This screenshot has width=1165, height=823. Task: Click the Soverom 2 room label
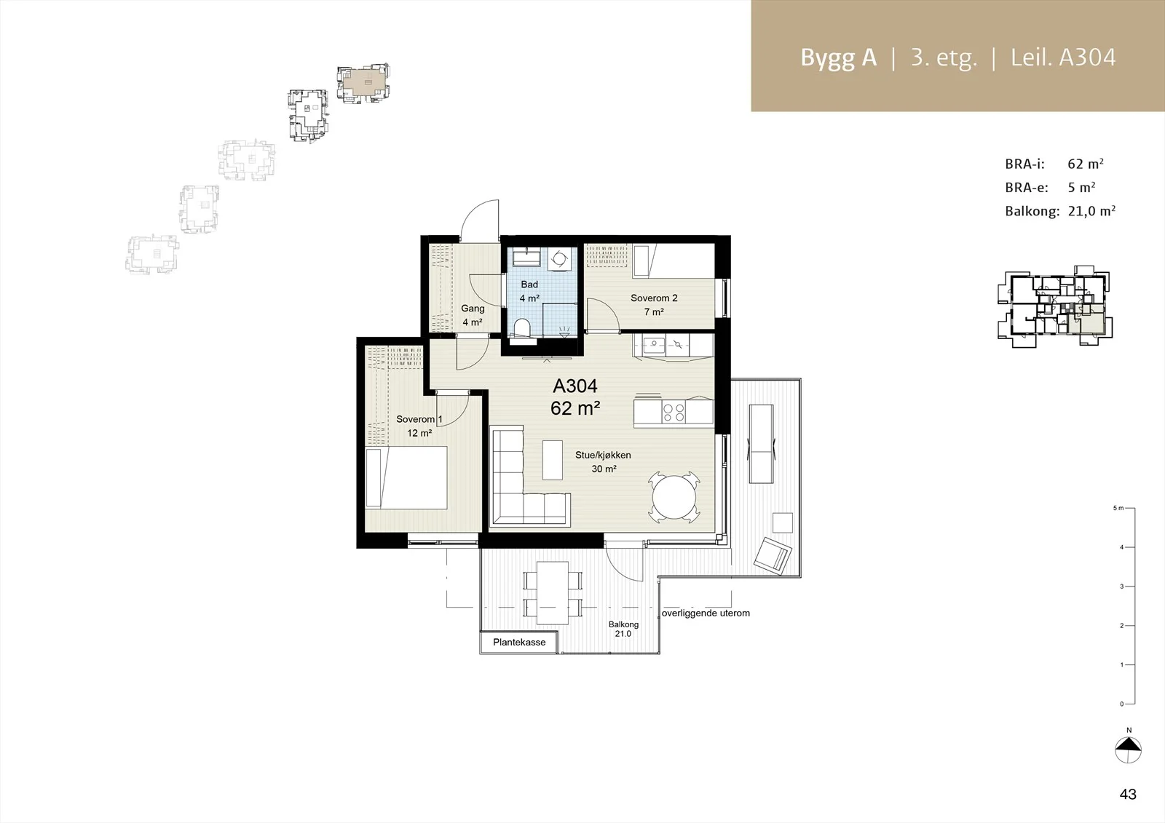coord(654,305)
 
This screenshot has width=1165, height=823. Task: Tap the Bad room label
coord(529,291)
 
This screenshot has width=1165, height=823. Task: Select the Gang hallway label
coord(473,315)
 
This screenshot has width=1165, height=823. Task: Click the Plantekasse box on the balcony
coord(519,642)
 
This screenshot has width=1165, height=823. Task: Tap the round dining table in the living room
coord(674,496)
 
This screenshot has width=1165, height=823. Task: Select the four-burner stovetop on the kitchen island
coord(674,413)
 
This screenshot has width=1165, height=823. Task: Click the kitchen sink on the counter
coord(653,344)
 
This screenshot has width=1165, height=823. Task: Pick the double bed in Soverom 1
coord(406,477)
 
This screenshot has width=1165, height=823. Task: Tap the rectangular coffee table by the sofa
coord(553,460)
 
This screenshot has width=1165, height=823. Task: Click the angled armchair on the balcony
coord(773,555)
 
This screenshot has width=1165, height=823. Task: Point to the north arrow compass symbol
coord(1128,750)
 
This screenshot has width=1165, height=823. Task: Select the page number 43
coord(1128,794)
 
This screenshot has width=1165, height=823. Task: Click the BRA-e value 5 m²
coord(1082,187)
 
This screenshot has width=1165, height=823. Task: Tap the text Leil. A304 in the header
coord(1063,57)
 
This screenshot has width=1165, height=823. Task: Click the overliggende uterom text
coord(706,613)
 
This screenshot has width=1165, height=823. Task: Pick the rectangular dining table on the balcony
coord(553,592)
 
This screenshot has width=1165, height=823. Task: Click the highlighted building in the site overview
coord(363,83)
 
